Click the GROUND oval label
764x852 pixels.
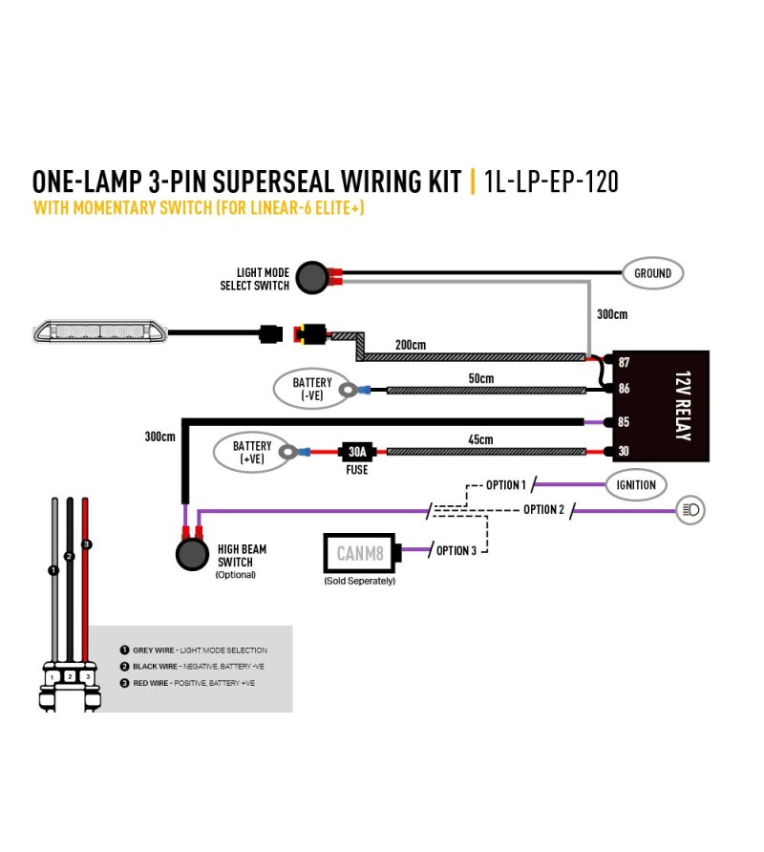click(652, 273)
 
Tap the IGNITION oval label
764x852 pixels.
click(636, 484)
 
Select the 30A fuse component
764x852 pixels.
click(357, 452)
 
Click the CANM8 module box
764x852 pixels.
click(360, 554)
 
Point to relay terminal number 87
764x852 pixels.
click(624, 362)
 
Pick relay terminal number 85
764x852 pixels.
click(624, 421)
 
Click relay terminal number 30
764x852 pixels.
click(624, 451)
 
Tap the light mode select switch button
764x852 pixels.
click(312, 278)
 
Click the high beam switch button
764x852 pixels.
click(192, 554)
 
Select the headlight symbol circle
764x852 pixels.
click(690, 510)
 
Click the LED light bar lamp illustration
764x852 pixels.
click(100, 332)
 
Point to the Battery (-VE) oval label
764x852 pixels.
click(311, 389)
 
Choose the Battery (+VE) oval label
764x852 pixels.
click(251, 453)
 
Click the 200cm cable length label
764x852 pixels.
click(411, 345)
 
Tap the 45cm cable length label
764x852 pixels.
click(481, 439)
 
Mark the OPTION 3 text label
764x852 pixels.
click(456, 551)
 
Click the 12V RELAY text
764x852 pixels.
click(683, 406)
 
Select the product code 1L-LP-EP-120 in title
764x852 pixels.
click(551, 181)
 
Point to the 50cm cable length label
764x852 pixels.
click(481, 378)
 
